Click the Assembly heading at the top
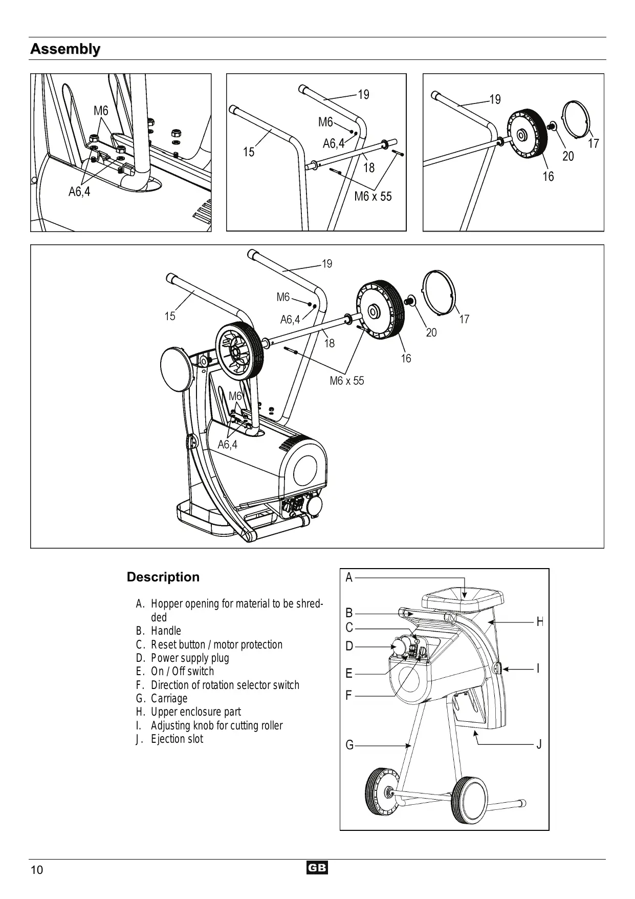[65, 49]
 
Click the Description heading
[163, 577]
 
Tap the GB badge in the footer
[317, 868]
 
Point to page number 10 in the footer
[37, 870]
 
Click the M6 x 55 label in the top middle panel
[373, 196]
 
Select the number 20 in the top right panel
[568, 156]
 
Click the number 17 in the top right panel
[594, 143]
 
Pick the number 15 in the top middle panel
[249, 152]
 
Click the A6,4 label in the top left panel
[79, 192]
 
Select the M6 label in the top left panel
[101, 111]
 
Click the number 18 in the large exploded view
[330, 343]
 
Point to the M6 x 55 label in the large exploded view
[347, 381]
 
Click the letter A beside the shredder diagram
[349, 578]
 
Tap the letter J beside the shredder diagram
[539, 744]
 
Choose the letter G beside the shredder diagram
[349, 745]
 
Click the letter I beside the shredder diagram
[538, 668]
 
